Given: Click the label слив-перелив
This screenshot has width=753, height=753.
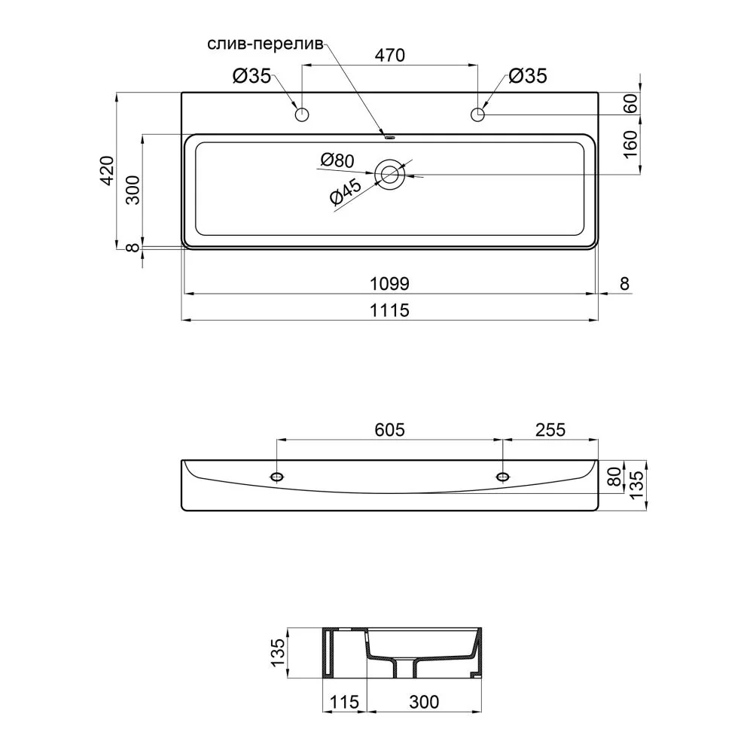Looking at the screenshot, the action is (266, 44).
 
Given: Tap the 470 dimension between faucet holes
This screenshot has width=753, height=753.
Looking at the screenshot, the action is (390, 55).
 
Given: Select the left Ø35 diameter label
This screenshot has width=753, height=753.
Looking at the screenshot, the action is (252, 76).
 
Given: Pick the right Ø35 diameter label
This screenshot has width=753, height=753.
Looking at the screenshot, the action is (528, 76).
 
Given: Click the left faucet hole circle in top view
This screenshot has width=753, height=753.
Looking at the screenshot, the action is (302, 114).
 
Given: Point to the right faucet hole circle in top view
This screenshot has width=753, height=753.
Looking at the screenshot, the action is (478, 114).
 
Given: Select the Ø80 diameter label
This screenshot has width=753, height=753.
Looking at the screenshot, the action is (337, 160).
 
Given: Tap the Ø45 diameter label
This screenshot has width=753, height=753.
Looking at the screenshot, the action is (346, 192).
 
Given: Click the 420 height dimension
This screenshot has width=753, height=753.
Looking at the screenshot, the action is (107, 170).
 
